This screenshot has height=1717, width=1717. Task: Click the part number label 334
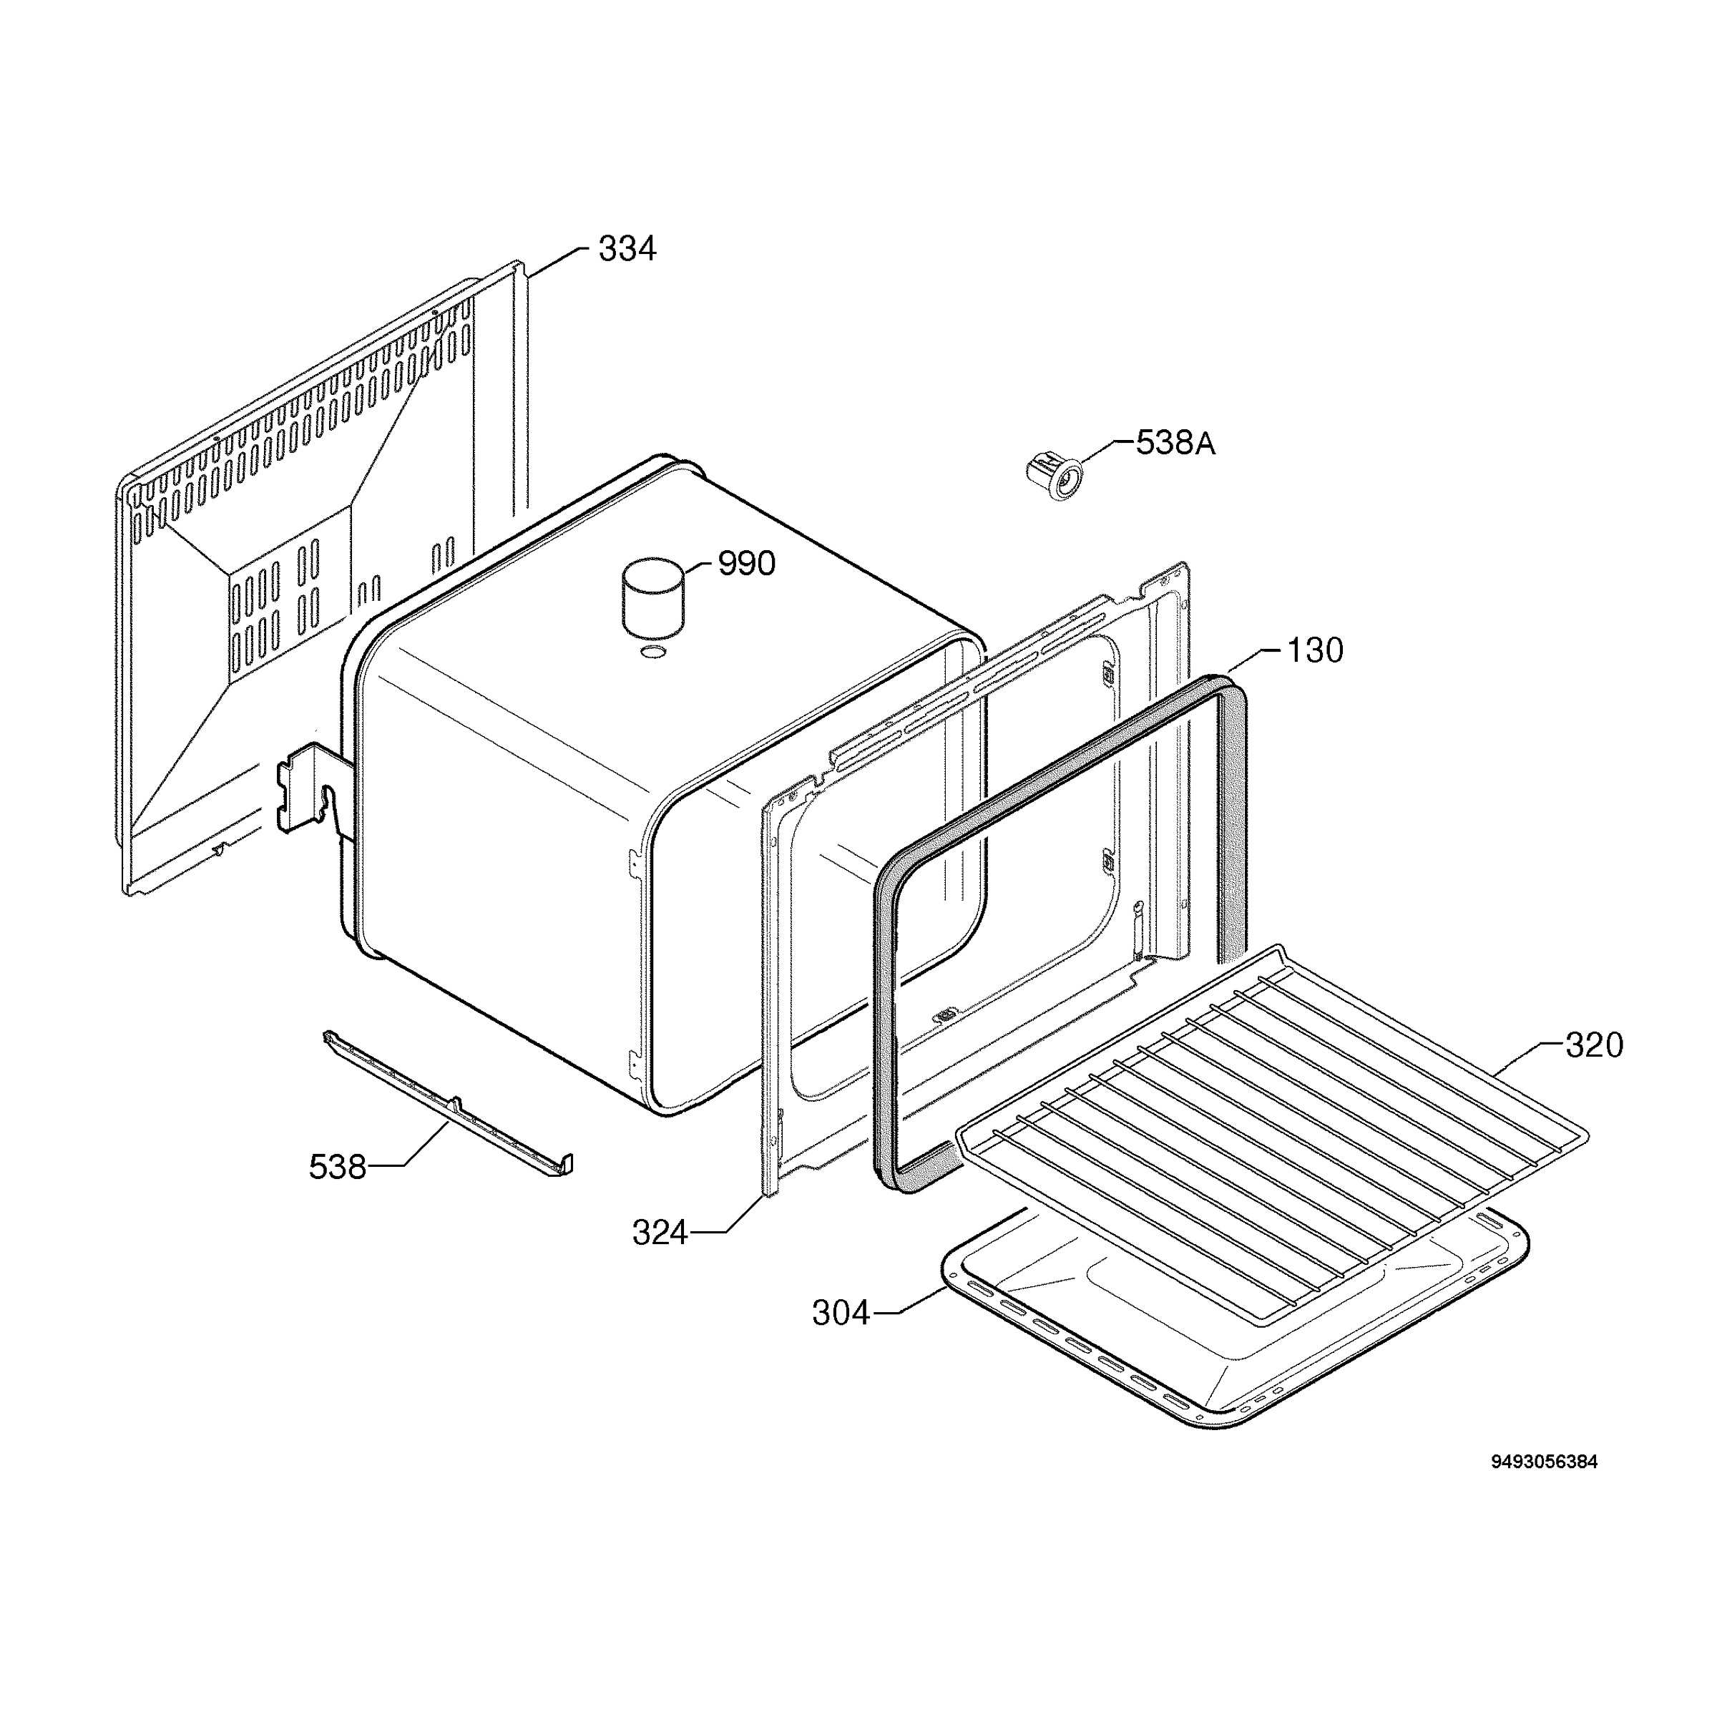click(x=627, y=249)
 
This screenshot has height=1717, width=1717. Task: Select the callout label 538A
click(x=1175, y=443)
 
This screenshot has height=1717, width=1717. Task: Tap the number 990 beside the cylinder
click(x=746, y=564)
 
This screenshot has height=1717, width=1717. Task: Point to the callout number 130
click(x=1316, y=650)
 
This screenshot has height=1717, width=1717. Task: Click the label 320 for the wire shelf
click(x=1595, y=1045)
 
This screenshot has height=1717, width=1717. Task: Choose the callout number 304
click(x=841, y=1313)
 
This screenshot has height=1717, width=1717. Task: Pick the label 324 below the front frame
click(x=660, y=1233)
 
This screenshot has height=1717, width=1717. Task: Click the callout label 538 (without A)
click(x=338, y=1167)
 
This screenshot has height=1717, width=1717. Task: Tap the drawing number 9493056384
click(x=1544, y=1462)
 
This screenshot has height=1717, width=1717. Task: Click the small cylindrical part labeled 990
click(x=653, y=597)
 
